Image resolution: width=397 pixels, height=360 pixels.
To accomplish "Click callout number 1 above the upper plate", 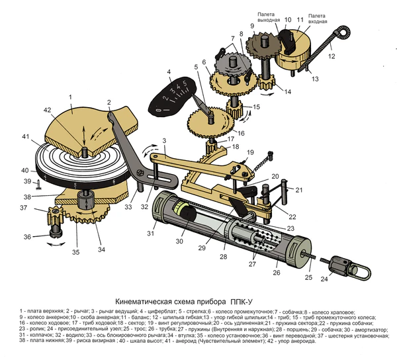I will [x=69, y=97].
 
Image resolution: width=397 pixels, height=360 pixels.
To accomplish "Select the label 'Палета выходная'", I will [x=269, y=15].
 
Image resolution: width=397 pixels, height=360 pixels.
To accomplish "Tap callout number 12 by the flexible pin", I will [x=331, y=57].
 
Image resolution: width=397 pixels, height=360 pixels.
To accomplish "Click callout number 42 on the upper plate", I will [x=47, y=110].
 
